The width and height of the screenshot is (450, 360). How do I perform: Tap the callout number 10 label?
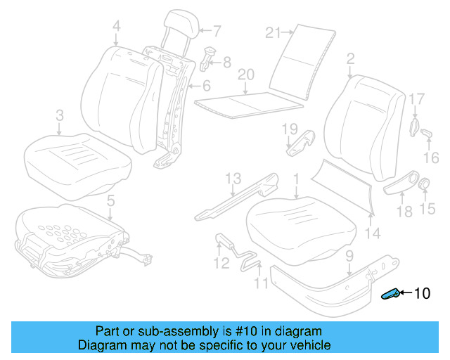421,294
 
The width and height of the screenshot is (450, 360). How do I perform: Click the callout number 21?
274,32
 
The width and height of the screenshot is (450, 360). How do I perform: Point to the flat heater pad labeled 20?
246,103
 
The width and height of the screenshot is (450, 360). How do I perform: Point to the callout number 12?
221,264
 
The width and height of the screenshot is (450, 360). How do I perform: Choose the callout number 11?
261,284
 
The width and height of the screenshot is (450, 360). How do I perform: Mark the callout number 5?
110,202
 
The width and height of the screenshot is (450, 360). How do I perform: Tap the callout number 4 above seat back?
116,27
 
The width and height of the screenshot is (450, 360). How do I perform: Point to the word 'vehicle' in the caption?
307,345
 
